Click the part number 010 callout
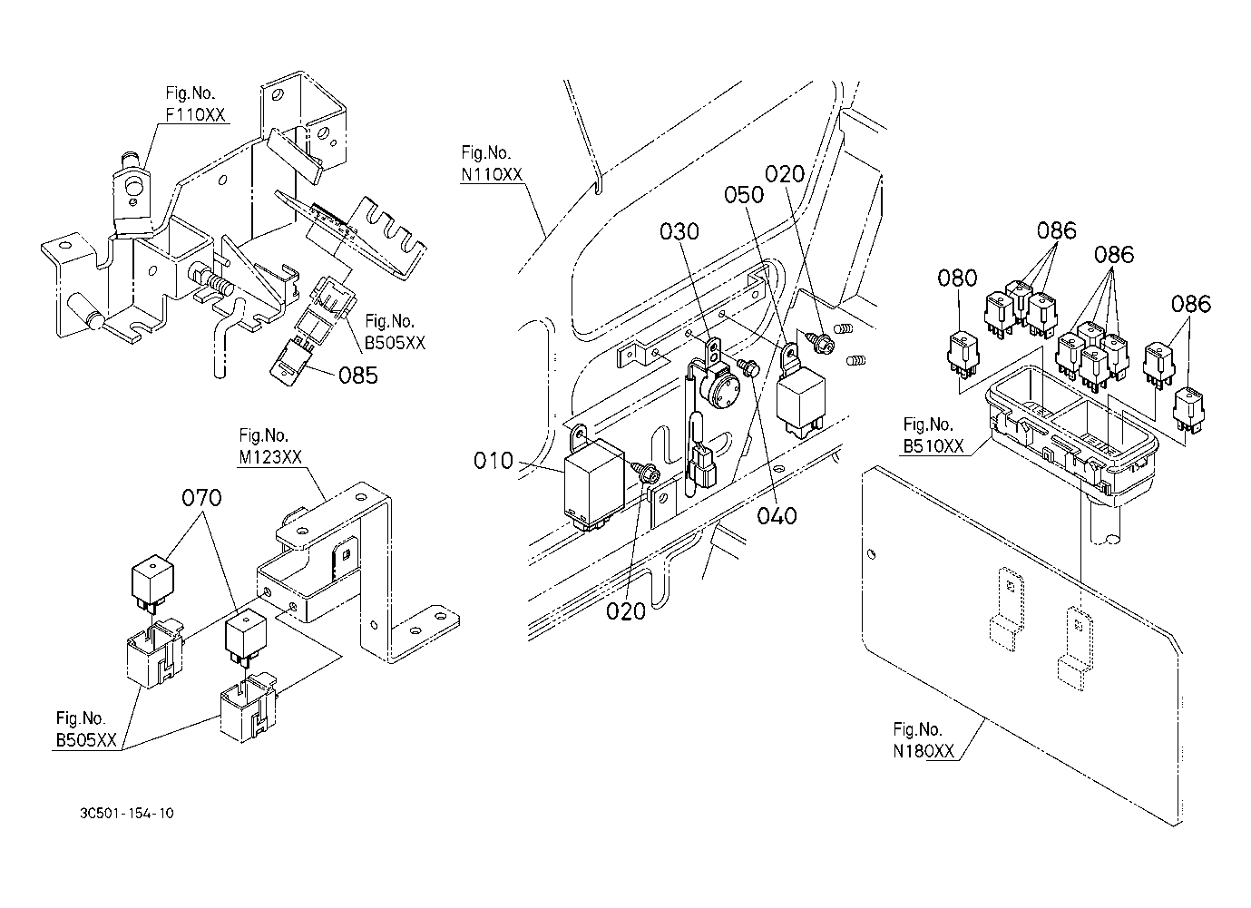tap(494, 461)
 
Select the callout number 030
tap(679, 231)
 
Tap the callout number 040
tap(777, 515)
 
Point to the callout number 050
tap(744, 195)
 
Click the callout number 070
tap(201, 498)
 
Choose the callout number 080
tap(957, 278)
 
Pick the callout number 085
tap(358, 376)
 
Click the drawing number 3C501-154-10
tap(127, 813)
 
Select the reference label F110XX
tap(195, 115)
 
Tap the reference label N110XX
tap(492, 175)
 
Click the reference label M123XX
tap(270, 457)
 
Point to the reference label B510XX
tap(933, 446)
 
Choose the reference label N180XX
tap(924, 751)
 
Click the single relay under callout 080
tap(963, 356)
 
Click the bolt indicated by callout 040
tap(748, 366)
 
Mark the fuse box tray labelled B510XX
tap(1071, 435)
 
